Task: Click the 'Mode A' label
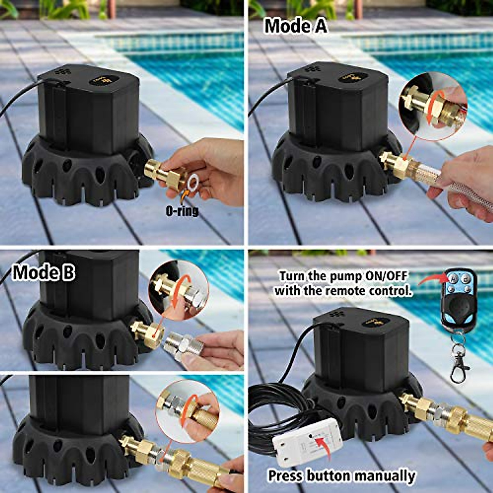295,26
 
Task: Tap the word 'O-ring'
182,211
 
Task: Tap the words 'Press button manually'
341,476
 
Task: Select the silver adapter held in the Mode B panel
181,346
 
